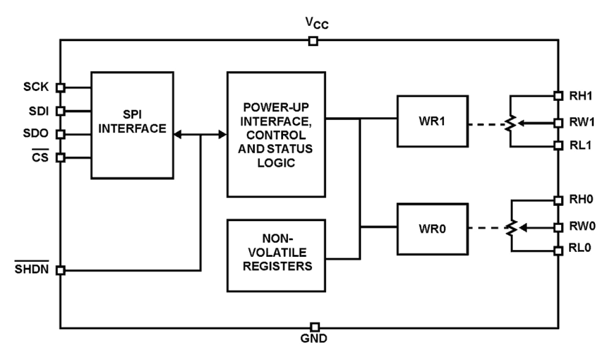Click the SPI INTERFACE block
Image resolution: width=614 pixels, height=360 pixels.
132,125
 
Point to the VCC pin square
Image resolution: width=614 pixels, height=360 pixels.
313,41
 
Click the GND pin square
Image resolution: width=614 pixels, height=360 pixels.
315,327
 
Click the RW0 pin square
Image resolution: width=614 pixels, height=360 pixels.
557,227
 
